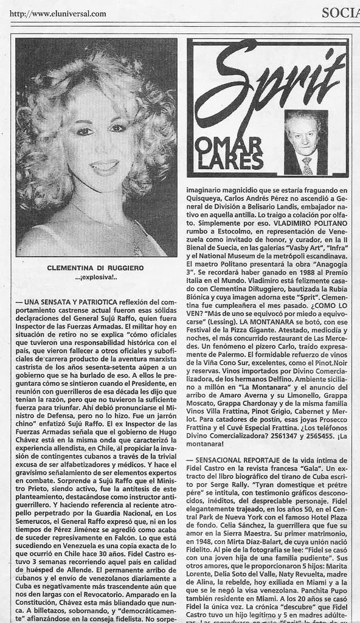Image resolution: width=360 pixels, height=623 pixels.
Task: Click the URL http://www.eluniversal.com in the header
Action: [58, 14]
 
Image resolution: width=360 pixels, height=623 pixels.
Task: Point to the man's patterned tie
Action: [307, 165]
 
